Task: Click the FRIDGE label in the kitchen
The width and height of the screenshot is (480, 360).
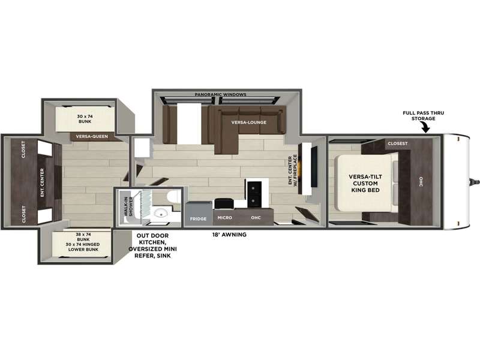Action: pyautogui.click(x=198, y=219)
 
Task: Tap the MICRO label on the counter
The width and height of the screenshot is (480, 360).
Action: pyautogui.click(x=224, y=218)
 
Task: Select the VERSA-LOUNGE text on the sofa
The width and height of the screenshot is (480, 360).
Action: pyautogui.click(x=249, y=122)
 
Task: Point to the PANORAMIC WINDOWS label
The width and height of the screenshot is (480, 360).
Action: pyautogui.click(x=220, y=95)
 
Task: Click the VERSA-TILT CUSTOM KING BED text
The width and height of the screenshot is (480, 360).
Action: pyautogui.click(x=365, y=184)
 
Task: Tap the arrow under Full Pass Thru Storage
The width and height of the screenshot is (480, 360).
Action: pyautogui.click(x=425, y=127)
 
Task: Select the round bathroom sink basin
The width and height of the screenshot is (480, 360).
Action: pyautogui.click(x=160, y=212)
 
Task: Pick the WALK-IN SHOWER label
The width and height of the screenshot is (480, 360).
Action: pyautogui.click(x=128, y=206)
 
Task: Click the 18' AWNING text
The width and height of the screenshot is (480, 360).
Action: pyautogui.click(x=229, y=235)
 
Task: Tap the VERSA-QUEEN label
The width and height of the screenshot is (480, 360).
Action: pyautogui.click(x=92, y=137)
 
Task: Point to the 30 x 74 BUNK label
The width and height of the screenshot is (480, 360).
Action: pyautogui.click(x=85, y=119)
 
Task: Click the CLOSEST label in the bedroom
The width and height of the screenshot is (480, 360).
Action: pyautogui.click(x=398, y=143)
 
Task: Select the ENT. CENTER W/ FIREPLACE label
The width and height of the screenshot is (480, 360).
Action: pyautogui.click(x=293, y=169)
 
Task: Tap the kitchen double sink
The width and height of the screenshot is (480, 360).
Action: pyautogui.click(x=254, y=194)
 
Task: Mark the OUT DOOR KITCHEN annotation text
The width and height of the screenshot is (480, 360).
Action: pyautogui.click(x=152, y=245)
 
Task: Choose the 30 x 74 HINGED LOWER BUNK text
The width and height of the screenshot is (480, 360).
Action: pyautogui.click(x=83, y=247)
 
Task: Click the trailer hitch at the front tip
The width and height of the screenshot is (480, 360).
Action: pyautogui.click(x=475, y=182)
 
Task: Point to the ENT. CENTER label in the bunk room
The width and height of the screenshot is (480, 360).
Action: pyautogui.click(x=42, y=183)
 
